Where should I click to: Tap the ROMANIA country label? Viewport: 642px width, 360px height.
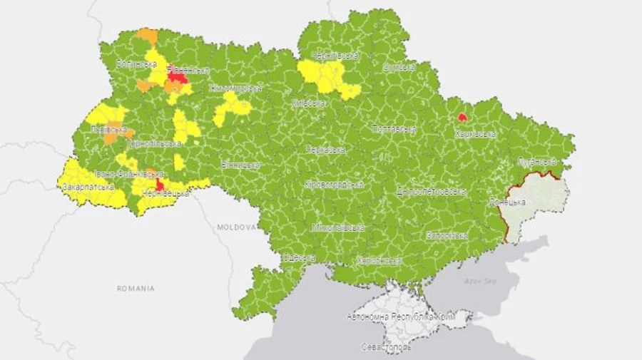136,289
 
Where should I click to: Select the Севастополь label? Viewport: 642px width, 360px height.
386,347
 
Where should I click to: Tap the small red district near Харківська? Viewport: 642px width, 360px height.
462,116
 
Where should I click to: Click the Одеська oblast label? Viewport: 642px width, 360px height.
299,257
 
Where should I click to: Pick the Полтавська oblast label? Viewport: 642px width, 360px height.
394,129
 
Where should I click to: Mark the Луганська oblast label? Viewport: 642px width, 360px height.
536,162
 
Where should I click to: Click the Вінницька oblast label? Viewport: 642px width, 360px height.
240,165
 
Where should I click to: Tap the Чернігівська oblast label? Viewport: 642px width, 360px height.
335,55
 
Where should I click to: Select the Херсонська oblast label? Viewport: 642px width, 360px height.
379,261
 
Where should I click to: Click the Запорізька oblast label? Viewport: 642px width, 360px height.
447,235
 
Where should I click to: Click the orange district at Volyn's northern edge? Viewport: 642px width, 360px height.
147,34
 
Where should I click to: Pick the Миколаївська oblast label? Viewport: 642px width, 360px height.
338,228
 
